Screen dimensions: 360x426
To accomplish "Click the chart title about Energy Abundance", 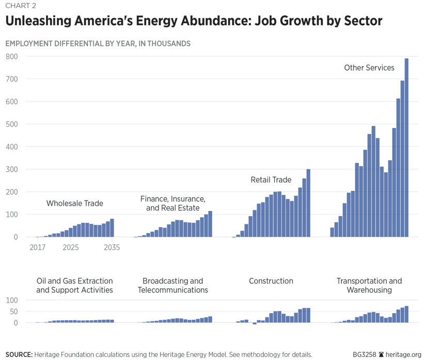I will click(194, 21).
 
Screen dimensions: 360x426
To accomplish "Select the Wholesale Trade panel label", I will click(75, 203).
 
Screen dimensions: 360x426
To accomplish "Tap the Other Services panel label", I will click(369, 68).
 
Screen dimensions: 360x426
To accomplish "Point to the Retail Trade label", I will click(271, 180).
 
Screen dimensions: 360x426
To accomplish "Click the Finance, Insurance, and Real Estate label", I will click(173, 203).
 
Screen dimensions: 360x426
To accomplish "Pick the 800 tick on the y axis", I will click(11, 57).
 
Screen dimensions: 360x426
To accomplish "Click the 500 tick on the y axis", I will click(11, 124).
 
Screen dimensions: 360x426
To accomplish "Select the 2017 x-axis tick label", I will click(38, 248).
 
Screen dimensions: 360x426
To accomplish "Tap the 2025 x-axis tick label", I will click(71, 248).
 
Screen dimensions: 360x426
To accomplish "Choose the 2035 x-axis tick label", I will click(112, 248).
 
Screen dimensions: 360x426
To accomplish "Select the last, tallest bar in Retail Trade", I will click(308, 203).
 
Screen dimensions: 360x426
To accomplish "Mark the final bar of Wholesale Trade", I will click(112, 228).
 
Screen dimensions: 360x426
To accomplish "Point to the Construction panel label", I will click(271, 281).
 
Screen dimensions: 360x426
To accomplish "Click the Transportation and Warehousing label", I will click(369, 285).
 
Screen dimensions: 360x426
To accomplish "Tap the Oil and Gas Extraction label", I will click(75, 285).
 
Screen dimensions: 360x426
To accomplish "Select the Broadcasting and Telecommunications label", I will click(173, 285).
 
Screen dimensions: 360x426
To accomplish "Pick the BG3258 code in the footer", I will click(365, 354).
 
